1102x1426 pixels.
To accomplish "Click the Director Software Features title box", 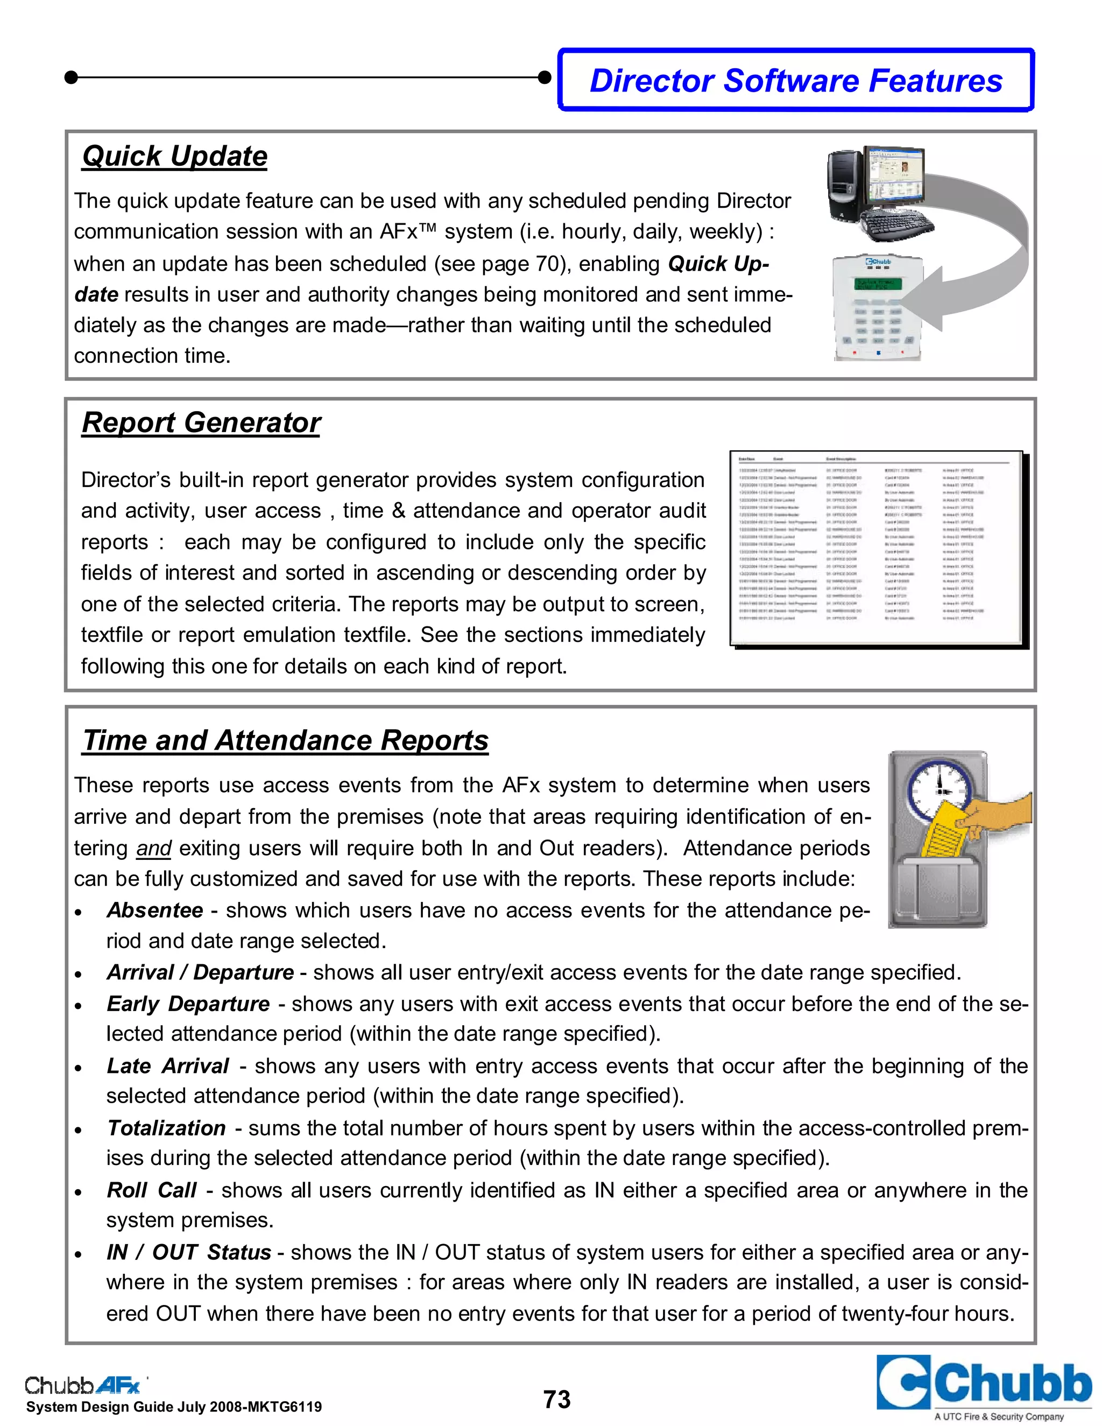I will click(x=796, y=80).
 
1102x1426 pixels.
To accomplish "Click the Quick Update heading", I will click(x=175, y=156).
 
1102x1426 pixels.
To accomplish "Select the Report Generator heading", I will click(x=201, y=422).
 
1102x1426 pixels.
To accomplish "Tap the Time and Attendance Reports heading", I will click(x=285, y=740).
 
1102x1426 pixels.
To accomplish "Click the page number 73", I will click(x=557, y=1399).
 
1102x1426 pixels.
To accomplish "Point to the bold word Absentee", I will click(x=155, y=910).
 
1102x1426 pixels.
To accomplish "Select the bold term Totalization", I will click(x=166, y=1127).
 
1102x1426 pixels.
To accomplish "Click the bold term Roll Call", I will click(x=151, y=1190).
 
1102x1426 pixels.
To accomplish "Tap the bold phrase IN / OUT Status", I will click(x=189, y=1252).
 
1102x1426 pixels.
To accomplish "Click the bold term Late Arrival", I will click(x=168, y=1065).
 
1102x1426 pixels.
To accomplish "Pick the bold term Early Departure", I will click(x=188, y=1004).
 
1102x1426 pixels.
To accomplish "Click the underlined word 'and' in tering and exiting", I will click(x=153, y=848).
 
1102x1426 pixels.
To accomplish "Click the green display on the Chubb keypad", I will click(x=878, y=284).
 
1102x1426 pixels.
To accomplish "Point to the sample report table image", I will click(x=876, y=548).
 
